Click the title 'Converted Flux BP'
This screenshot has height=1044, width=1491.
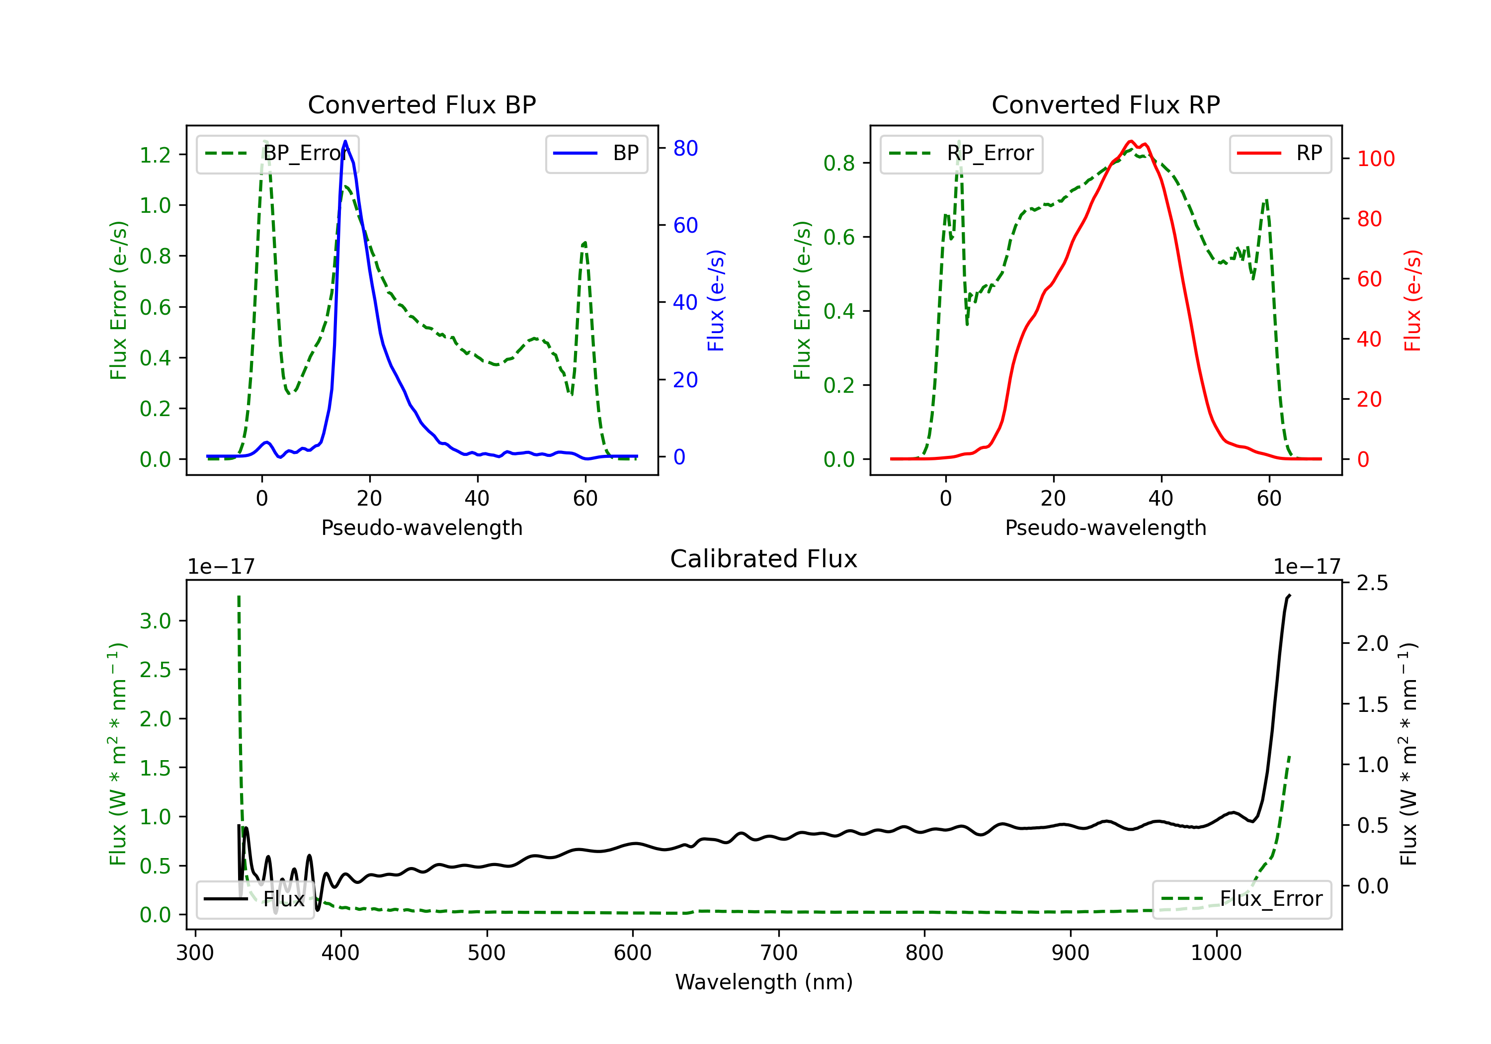click(421, 104)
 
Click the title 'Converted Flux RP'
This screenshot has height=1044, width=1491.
click(1105, 104)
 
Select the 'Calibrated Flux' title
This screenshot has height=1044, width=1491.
click(764, 559)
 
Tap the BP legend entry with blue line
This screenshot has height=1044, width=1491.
click(596, 153)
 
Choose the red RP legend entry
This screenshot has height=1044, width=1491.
click(1280, 153)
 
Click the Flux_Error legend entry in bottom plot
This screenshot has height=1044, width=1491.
click(1241, 899)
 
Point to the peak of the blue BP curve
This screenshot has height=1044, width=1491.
click(345, 141)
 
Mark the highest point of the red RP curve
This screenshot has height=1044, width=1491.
click(1131, 141)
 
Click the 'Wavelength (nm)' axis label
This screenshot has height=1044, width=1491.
click(764, 982)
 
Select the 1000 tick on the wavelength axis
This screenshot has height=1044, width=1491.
click(1216, 953)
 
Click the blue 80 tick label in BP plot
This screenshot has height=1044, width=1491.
click(685, 148)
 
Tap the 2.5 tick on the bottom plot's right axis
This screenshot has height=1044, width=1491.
click(1372, 583)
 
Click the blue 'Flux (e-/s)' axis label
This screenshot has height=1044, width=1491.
click(716, 301)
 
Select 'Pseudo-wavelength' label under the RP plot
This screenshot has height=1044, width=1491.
click(1105, 527)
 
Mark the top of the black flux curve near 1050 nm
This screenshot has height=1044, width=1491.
click(1289, 595)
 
